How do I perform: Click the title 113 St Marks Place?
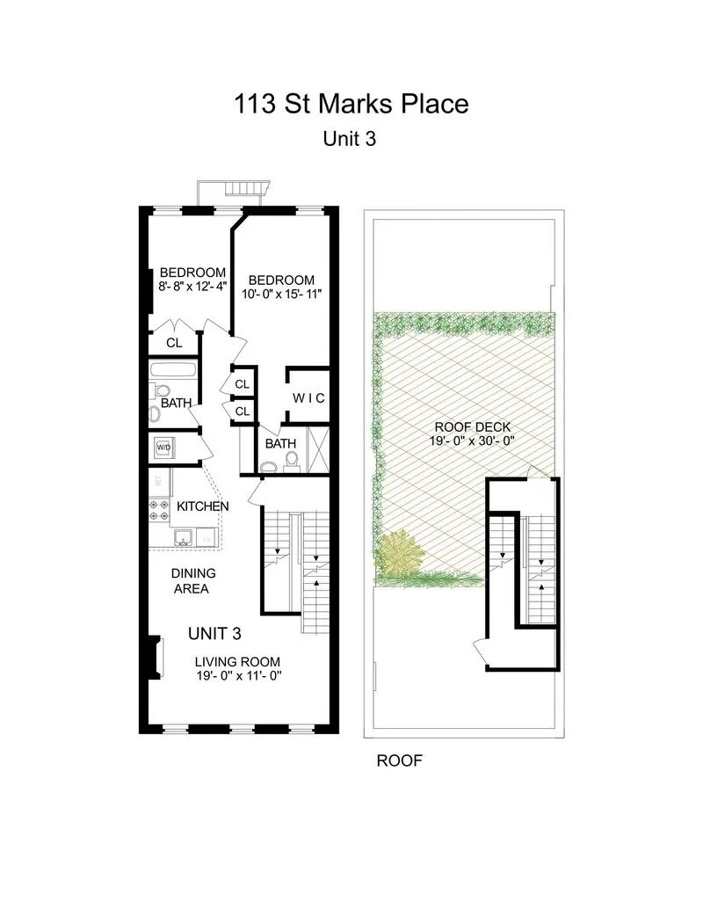[x=351, y=104]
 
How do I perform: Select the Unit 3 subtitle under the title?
[x=351, y=138]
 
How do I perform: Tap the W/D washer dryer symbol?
[x=163, y=447]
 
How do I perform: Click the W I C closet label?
[x=308, y=398]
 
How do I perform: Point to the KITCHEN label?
[x=202, y=506]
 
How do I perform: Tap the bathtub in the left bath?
[x=172, y=370]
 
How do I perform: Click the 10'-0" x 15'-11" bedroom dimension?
[x=279, y=294]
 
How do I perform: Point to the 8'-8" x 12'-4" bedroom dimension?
[x=192, y=287]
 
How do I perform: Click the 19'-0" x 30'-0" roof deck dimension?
[x=460, y=440]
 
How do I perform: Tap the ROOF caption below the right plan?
[x=400, y=761]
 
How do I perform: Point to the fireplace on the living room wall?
[x=156, y=658]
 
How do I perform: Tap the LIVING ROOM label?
[x=237, y=661]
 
